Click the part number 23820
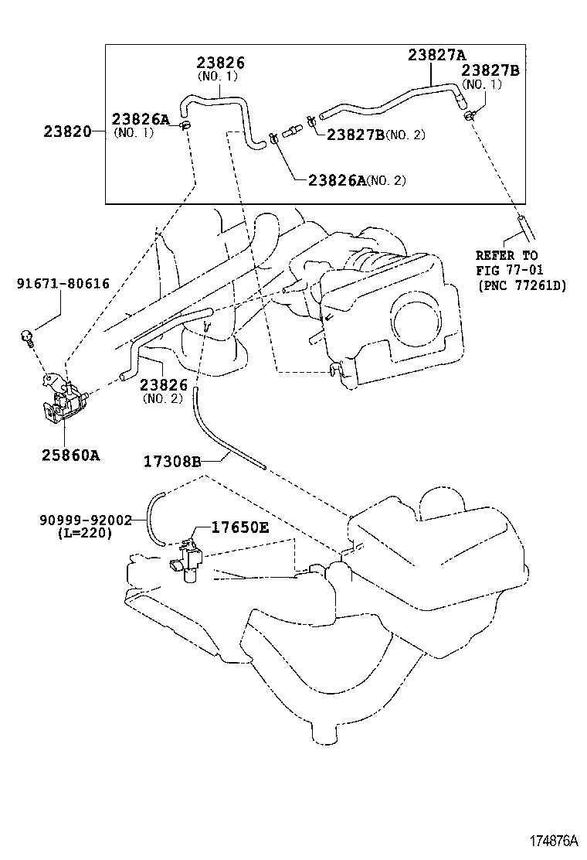click(68, 132)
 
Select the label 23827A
click(437, 55)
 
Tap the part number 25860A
click(70, 455)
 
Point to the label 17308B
click(172, 462)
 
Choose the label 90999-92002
click(86, 520)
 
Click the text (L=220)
click(85, 533)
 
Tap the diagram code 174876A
click(552, 841)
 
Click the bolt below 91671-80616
click(29, 336)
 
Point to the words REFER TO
click(507, 255)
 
